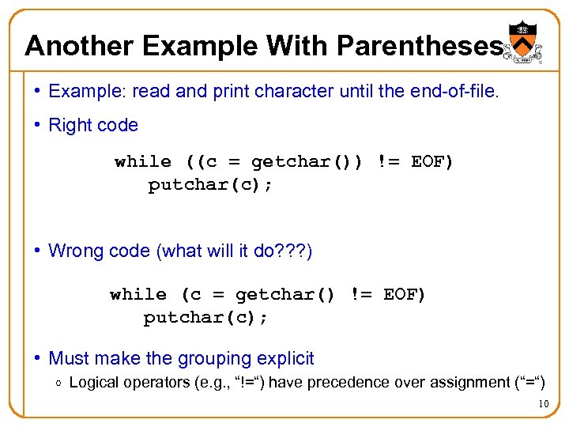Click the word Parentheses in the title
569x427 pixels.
419,46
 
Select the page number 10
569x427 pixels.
543,405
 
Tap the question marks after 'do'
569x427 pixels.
294,251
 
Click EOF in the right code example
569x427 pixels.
428,162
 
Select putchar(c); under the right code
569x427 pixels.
210,185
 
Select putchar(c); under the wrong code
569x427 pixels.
205,318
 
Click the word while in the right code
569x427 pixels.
143,162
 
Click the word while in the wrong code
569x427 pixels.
138,295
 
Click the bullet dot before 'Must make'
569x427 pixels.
37,358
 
